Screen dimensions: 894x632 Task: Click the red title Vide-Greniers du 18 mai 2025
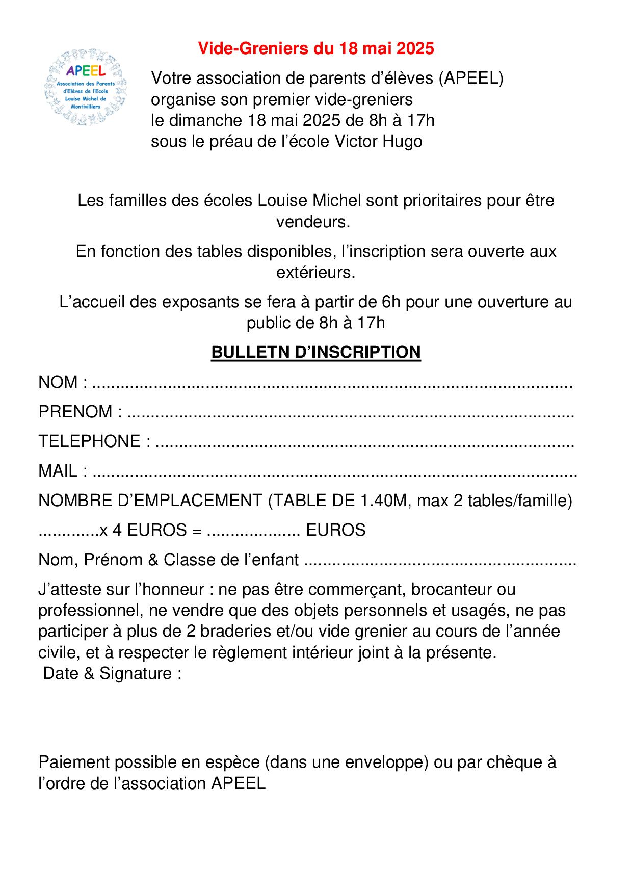(x=315, y=48)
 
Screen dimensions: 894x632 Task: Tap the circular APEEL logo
(x=86, y=87)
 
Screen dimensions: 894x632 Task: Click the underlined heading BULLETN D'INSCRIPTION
(x=315, y=352)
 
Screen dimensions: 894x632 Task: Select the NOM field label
(x=58, y=382)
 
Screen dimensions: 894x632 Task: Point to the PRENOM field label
(x=75, y=412)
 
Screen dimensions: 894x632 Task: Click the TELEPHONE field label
(x=89, y=441)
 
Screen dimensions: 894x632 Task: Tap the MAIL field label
(x=58, y=471)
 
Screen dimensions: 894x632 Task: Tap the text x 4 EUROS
(x=143, y=531)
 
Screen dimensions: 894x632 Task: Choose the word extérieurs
(x=315, y=273)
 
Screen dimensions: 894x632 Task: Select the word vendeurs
(x=313, y=222)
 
